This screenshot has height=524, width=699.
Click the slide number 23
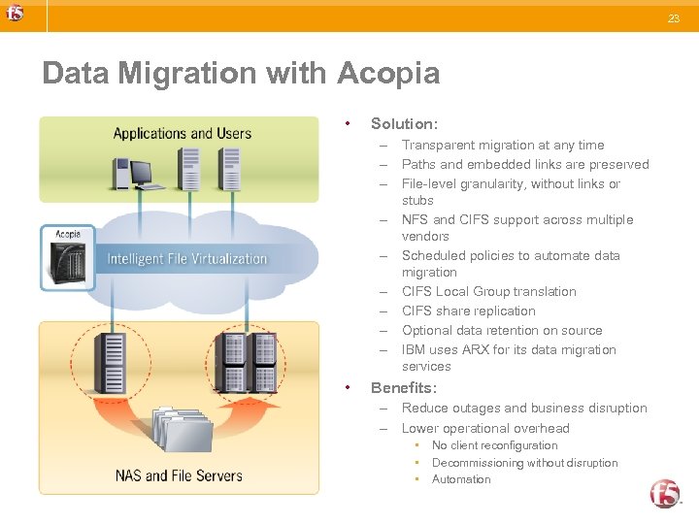point(674,18)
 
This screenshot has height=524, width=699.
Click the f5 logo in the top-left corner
point(16,14)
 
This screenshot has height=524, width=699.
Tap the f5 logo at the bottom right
point(665,494)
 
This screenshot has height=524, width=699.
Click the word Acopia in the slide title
point(388,73)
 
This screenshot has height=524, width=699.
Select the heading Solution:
point(404,123)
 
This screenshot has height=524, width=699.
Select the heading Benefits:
point(404,387)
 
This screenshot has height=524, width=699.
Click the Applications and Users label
point(182,134)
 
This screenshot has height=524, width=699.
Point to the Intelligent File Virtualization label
point(186,259)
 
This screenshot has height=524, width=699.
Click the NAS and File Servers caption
point(179,475)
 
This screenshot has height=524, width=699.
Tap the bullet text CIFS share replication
point(468,311)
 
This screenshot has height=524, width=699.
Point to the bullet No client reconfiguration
point(494,445)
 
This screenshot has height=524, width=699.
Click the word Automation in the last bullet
point(461,479)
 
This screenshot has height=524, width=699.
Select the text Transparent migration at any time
point(502,145)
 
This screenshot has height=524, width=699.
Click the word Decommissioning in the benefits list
point(475,463)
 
